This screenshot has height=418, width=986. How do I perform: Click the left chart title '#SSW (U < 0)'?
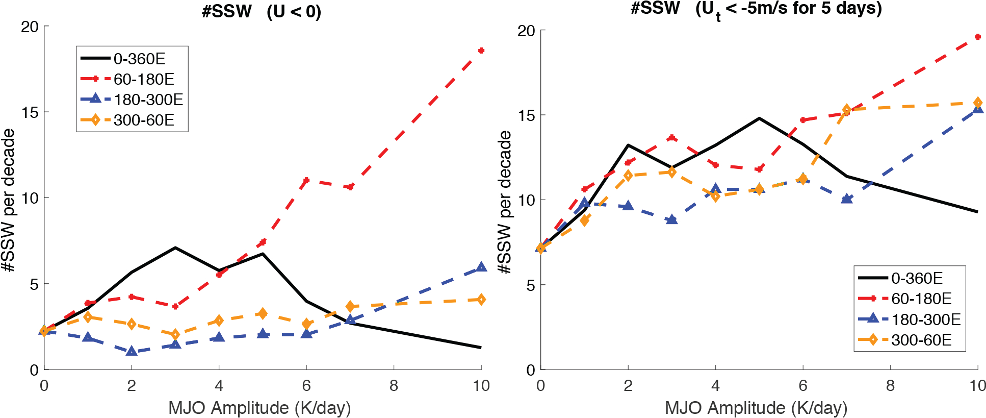pyautogui.click(x=261, y=11)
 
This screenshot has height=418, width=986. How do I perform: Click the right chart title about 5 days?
pyautogui.click(x=756, y=9)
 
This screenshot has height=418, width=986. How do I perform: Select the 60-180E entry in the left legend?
pyautogui.click(x=144, y=79)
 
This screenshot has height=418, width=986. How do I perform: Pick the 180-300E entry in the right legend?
pyautogui.click(x=925, y=319)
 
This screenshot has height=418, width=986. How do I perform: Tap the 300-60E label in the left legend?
pyautogui.click(x=144, y=120)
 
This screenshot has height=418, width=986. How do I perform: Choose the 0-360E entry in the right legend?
pyautogui.click(x=917, y=278)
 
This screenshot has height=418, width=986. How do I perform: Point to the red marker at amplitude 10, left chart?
pyautogui.click(x=481, y=51)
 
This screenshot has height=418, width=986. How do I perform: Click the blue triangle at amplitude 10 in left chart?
pyautogui.click(x=481, y=267)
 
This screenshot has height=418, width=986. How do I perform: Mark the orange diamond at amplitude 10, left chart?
pyautogui.click(x=481, y=300)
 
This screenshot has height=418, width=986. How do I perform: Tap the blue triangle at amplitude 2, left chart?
pyautogui.click(x=132, y=351)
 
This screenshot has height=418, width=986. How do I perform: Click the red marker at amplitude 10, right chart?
pyautogui.click(x=977, y=37)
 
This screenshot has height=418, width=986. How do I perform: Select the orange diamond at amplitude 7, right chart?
pyautogui.click(x=846, y=110)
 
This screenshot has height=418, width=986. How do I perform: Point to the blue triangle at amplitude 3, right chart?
pyautogui.click(x=672, y=219)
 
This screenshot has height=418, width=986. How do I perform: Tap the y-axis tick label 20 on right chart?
pyautogui.click(x=526, y=31)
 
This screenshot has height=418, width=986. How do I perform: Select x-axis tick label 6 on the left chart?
pyautogui.click(x=306, y=385)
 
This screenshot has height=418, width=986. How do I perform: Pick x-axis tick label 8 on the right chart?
pyautogui.click(x=890, y=385)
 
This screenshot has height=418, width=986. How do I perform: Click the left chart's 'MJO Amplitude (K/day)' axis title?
pyautogui.click(x=260, y=408)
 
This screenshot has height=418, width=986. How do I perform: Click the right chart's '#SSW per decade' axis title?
pyautogui.click(x=505, y=202)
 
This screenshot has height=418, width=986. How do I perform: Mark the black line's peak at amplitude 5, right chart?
pyautogui.click(x=759, y=118)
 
